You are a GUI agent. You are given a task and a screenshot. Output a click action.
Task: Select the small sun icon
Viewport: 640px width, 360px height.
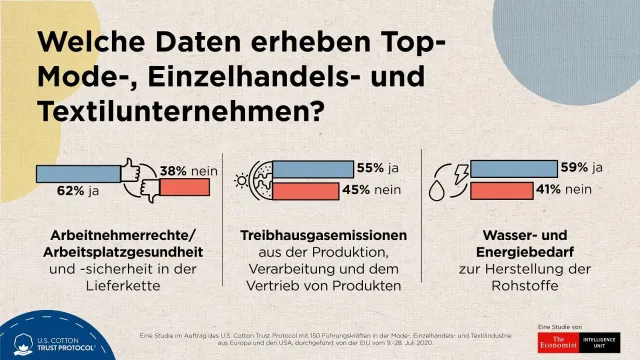[241, 182]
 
